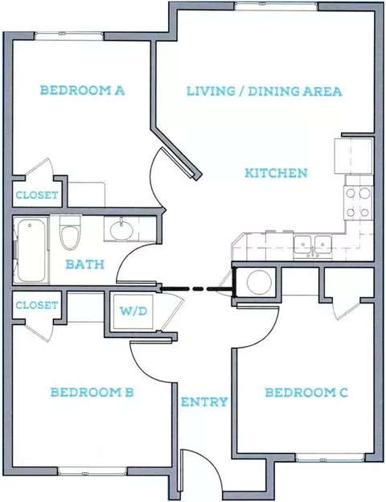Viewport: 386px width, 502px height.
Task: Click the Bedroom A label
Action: [x=82, y=90]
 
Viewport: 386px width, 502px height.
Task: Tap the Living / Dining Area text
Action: [x=265, y=91]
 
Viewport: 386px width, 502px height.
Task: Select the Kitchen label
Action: [x=276, y=173]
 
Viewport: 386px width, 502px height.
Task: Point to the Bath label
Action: [x=85, y=265]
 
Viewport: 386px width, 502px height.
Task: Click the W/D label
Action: [x=133, y=311]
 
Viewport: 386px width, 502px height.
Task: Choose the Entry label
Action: [x=204, y=401]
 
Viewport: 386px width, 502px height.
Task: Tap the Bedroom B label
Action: [x=92, y=393]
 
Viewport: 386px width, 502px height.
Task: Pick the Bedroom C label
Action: [x=306, y=393]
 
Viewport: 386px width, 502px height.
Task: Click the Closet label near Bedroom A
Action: [x=37, y=195]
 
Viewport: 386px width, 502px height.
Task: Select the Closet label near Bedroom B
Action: [x=37, y=305]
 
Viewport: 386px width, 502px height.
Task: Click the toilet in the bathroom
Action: [x=70, y=232]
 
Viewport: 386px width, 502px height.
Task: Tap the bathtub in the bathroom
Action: [x=31, y=250]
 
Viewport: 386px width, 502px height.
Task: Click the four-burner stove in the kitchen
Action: [x=359, y=203]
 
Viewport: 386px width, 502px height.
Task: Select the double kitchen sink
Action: [x=313, y=247]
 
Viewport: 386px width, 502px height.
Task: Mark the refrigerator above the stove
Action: [x=354, y=156]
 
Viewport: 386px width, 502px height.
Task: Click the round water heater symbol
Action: [x=259, y=282]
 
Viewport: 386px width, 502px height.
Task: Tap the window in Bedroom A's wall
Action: [x=69, y=35]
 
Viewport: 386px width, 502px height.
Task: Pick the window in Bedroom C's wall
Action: [x=330, y=458]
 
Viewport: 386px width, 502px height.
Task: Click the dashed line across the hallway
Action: [x=196, y=289]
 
